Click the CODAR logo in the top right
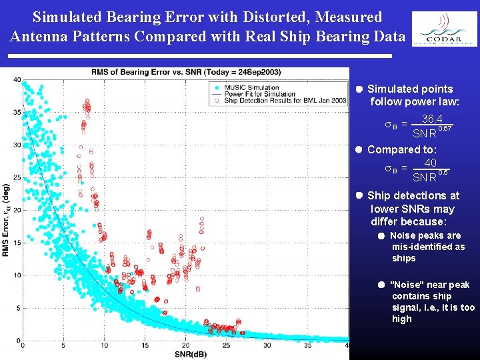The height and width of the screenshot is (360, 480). coord(444,30)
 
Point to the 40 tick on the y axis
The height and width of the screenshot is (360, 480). coord(17,80)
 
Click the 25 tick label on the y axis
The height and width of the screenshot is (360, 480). coord(17,177)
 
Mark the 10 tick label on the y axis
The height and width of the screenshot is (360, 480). coord(17,275)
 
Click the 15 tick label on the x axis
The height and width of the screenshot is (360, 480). coord(145,345)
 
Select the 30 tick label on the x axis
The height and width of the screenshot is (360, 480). coord(267,345)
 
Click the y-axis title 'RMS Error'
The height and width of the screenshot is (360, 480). coord(6,220)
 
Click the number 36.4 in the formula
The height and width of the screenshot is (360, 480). coord(432,119)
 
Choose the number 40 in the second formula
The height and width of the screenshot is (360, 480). coord(430,163)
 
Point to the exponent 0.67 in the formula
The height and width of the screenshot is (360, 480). coord(446,127)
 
